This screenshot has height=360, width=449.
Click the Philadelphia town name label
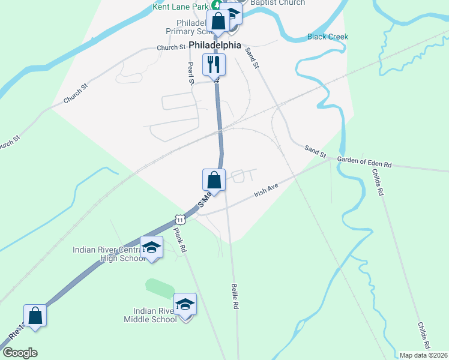(215, 45)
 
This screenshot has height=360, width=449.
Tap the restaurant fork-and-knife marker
(214, 64)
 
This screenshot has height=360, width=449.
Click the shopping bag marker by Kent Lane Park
(218, 21)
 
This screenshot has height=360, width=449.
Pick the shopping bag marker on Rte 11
(35, 315)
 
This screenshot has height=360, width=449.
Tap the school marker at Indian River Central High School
(151, 247)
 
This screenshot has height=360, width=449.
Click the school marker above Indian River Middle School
(185, 304)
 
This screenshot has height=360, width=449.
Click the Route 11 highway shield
(179, 219)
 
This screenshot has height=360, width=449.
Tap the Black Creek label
(328, 37)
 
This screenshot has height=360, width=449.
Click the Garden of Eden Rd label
(364, 162)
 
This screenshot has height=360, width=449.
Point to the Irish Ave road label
(267, 191)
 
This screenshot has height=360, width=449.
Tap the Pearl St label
(191, 73)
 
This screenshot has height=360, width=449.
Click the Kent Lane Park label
(179, 7)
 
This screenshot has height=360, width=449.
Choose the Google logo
(20, 353)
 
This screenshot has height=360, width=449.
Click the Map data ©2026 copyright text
(423, 355)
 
